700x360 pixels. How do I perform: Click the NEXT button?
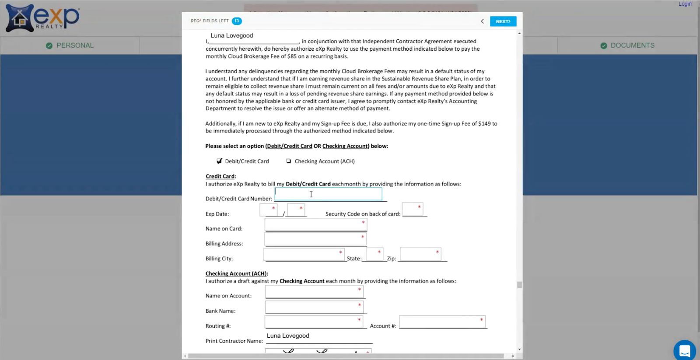503,21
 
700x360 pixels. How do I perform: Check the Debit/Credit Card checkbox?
219,161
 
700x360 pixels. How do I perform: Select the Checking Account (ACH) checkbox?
289,161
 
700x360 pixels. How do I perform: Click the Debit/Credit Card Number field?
328,194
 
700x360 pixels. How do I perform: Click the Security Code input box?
412,209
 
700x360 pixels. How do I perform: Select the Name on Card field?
315,224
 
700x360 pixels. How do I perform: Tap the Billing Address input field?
315,239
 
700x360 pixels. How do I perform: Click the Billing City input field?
304,254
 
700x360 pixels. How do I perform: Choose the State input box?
374,254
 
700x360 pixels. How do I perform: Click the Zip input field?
420,254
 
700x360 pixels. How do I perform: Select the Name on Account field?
314,291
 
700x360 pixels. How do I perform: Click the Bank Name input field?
314,307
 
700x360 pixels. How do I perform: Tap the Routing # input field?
314,322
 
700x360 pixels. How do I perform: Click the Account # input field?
442,322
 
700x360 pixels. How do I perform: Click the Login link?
685,4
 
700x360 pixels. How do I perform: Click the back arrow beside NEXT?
482,21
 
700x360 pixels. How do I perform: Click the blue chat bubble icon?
684,350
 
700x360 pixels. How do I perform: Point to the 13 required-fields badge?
237,21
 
